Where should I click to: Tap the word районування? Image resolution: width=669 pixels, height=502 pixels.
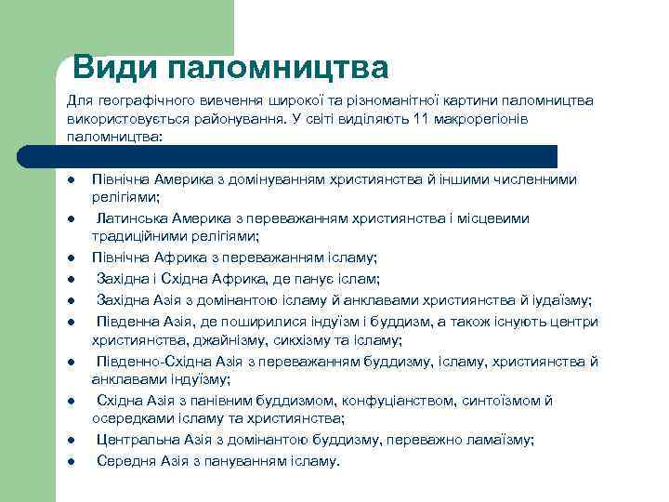point(236,118)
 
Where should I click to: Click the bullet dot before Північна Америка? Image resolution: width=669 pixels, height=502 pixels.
point(71,179)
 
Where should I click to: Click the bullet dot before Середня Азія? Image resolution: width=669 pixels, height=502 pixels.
point(71,462)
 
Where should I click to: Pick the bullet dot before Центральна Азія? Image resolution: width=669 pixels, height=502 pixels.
point(71,441)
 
